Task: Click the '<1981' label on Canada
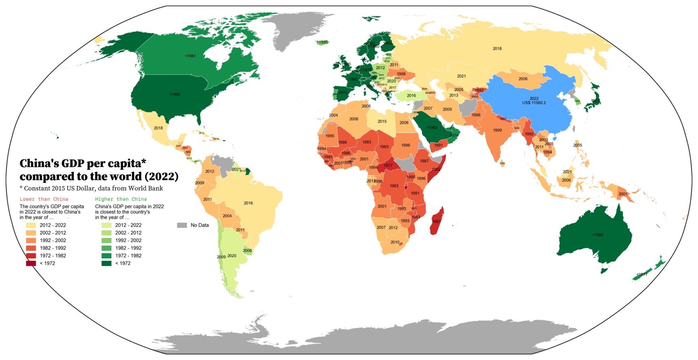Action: (190, 56)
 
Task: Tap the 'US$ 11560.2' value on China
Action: (534, 103)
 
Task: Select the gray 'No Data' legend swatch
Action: (182, 225)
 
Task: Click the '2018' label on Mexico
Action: (158, 128)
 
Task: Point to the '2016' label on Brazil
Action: (248, 203)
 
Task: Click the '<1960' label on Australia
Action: (597, 235)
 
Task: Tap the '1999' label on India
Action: (497, 130)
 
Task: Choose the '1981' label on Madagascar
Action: (436, 222)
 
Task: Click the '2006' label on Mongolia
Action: (523, 79)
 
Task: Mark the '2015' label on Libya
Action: (382, 121)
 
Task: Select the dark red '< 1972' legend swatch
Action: (31, 263)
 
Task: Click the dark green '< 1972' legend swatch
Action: (106, 263)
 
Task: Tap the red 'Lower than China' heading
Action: (44, 199)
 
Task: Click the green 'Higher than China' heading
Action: (121, 199)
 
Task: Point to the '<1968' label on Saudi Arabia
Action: (432, 127)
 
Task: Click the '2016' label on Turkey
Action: (411, 96)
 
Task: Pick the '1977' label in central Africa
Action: (388, 166)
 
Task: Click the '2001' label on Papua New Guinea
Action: (623, 194)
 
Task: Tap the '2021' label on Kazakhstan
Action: (461, 76)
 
